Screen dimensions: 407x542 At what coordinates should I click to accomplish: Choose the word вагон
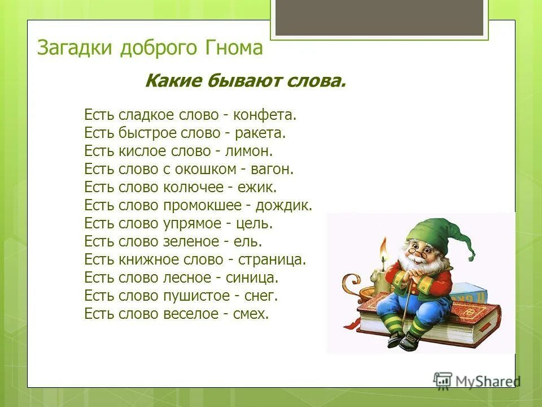coord(274,169)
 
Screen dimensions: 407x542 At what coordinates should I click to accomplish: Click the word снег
coord(262,296)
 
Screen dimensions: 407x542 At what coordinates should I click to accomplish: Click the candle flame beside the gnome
coord(383,248)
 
